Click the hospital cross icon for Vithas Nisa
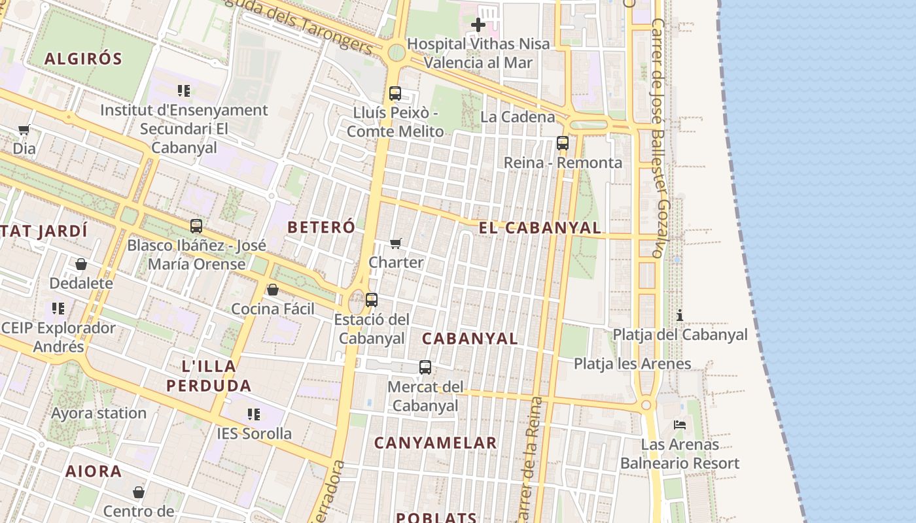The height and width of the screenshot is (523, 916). pos(478,25)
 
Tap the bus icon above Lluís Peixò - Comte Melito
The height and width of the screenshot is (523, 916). pos(395,93)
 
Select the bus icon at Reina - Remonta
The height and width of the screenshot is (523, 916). pos(563,143)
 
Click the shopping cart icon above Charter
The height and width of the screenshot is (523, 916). pos(396,244)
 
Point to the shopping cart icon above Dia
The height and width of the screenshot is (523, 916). pos(24,129)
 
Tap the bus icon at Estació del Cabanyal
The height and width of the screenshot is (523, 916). pos(372,300)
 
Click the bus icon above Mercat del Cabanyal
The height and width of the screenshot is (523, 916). pos(425,367)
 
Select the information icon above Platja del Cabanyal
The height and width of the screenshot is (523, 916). pos(680,315)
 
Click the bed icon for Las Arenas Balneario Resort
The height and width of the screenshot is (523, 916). pos(680,425)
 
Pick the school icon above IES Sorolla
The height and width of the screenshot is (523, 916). pos(254,414)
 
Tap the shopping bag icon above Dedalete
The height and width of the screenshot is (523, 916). pos(81,264)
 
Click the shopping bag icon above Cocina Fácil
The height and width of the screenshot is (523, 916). pos(273,290)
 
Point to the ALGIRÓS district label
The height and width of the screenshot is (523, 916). pos(83,59)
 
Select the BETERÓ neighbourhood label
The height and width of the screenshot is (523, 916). pos(321,228)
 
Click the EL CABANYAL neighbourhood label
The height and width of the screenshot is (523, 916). pos(540,228)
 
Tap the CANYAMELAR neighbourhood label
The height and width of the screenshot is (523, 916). pos(435,443)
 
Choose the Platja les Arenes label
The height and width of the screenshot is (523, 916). pos(632,363)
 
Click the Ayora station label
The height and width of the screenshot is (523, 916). pos(99,413)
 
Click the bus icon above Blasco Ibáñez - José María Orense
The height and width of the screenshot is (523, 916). pos(196,226)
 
